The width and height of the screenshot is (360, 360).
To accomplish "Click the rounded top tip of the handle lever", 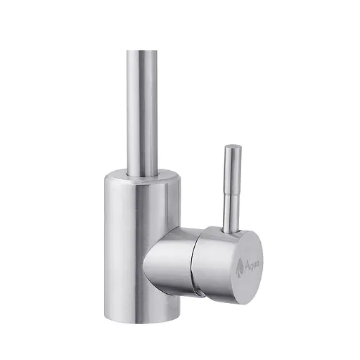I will (x=232, y=147).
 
